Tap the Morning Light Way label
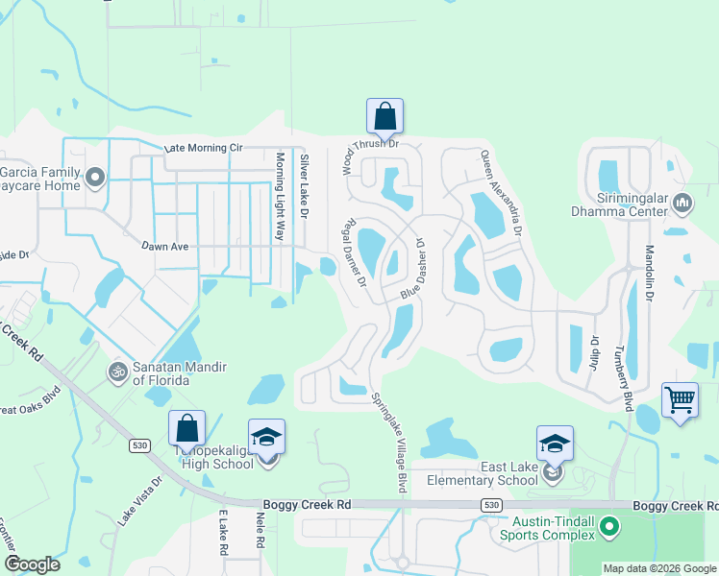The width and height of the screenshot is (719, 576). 281,199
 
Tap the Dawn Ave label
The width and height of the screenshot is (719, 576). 165,247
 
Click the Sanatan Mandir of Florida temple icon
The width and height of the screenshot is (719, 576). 118,370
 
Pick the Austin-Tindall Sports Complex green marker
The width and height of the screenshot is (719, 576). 608,526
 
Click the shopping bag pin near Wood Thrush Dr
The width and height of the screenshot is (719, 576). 384,116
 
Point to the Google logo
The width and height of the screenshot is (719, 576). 32,564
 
